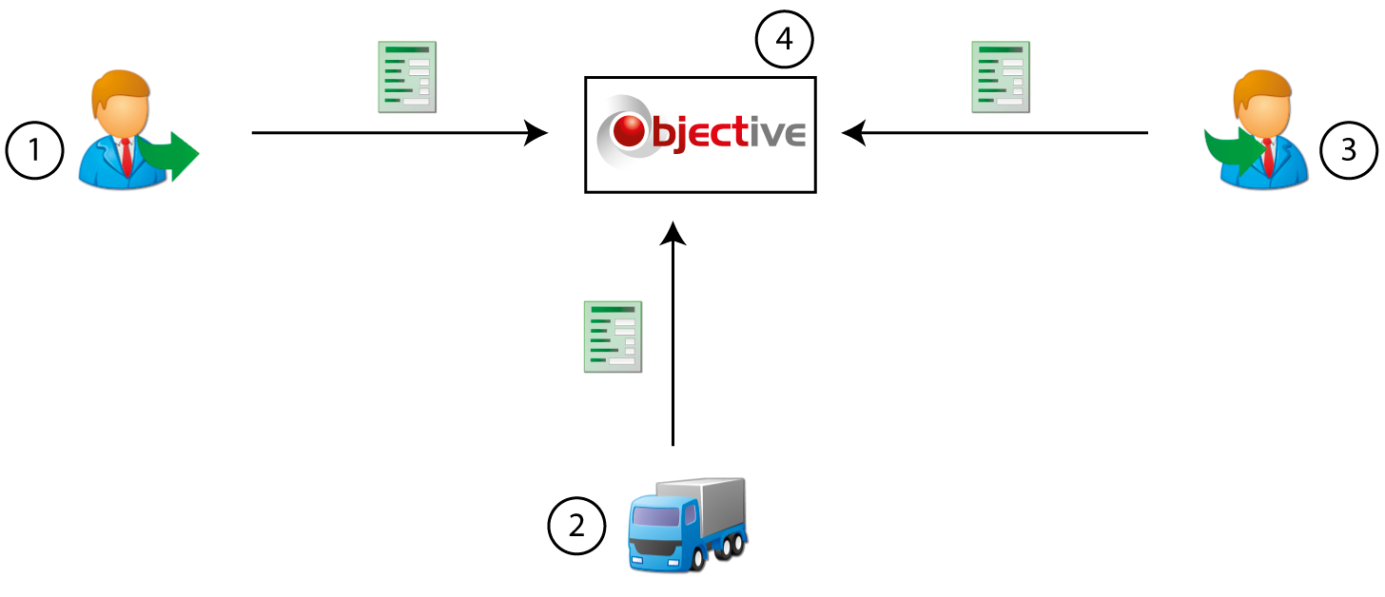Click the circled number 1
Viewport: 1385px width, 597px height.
click(35, 151)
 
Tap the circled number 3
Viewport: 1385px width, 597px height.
click(1348, 150)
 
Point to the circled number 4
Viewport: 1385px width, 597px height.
click(785, 41)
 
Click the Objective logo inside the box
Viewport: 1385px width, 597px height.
click(700, 133)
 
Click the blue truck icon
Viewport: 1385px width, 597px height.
click(688, 525)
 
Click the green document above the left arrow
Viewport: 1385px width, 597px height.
click(407, 77)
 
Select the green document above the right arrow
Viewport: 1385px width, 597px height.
click(1001, 77)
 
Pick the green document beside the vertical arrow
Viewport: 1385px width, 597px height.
click(613, 337)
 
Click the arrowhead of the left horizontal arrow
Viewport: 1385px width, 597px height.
click(538, 133)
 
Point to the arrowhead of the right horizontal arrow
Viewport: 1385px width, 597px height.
click(853, 133)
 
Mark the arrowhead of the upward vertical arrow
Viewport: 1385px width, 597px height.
click(673, 232)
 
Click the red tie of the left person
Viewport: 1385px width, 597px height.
click(126, 154)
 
